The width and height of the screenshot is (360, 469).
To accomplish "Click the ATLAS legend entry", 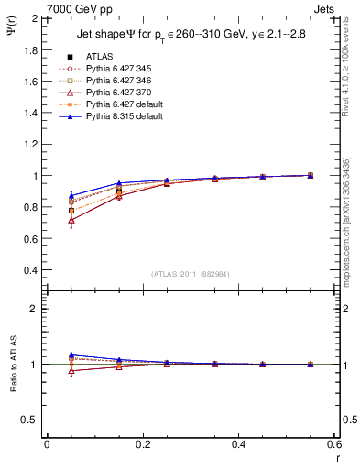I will coord(99,56).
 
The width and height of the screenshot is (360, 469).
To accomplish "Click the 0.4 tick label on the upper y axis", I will coord(30,271).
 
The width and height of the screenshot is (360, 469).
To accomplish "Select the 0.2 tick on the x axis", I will coord(142,443).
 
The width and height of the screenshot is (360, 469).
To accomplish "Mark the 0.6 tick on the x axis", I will coord(333,443).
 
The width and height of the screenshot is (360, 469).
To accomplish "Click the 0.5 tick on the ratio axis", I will coord(30,420).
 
